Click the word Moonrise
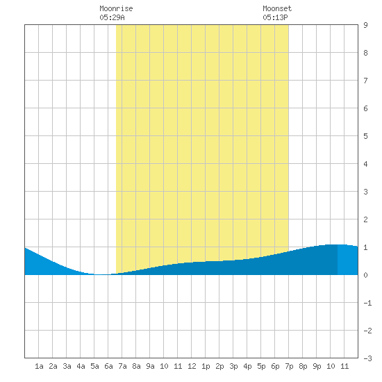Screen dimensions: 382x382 coord(116,8)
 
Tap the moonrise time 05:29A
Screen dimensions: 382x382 coord(112,17)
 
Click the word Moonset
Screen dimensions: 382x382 coord(277,8)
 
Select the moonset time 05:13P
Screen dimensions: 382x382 coord(275,17)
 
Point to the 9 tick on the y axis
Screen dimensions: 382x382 coord(365,25)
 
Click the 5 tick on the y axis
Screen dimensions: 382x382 coord(365,136)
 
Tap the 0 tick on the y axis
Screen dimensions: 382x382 coord(365,275)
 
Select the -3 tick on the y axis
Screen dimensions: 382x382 coord(367,358)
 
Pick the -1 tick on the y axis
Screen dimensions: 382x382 coord(367,303)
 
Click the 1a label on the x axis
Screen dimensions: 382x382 coord(39,366)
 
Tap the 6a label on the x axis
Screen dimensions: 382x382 coord(108,366)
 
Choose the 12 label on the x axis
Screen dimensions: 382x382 coord(192,366)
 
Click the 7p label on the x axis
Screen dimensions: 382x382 coord(289,366)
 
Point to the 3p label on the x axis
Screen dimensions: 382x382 coord(233,366)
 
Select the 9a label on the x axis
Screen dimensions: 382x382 coord(150,366)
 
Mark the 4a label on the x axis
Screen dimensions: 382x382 coord(81,366)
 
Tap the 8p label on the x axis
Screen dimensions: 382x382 coord(303,366)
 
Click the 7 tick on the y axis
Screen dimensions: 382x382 coord(365,81)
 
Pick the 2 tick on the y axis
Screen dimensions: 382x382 coord(365,219)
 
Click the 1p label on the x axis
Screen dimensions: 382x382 coord(206,366)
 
